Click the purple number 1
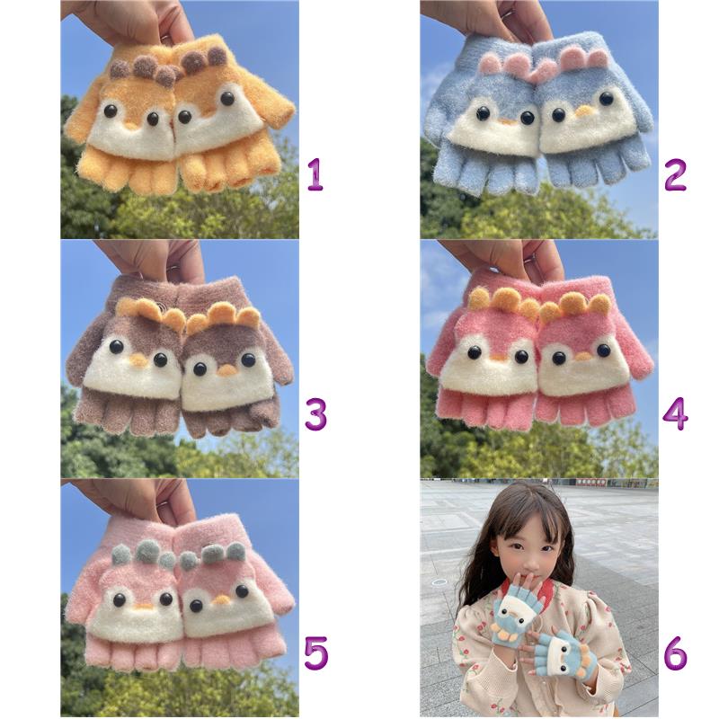[315, 174]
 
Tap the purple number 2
[675, 174]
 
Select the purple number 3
[316, 413]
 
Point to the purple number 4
[675, 413]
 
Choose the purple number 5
[316, 653]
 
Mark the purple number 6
[676, 653]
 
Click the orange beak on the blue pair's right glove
[583, 111]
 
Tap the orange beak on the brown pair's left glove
[138, 360]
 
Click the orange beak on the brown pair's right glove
[226, 370]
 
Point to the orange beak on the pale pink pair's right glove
[222, 599]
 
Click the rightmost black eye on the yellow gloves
[227, 98]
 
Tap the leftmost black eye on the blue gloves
[483, 113]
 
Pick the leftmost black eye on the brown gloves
[116, 347]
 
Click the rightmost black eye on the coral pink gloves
[603, 351]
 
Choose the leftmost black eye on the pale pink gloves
[120, 599]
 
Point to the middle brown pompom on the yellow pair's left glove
[144, 66]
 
